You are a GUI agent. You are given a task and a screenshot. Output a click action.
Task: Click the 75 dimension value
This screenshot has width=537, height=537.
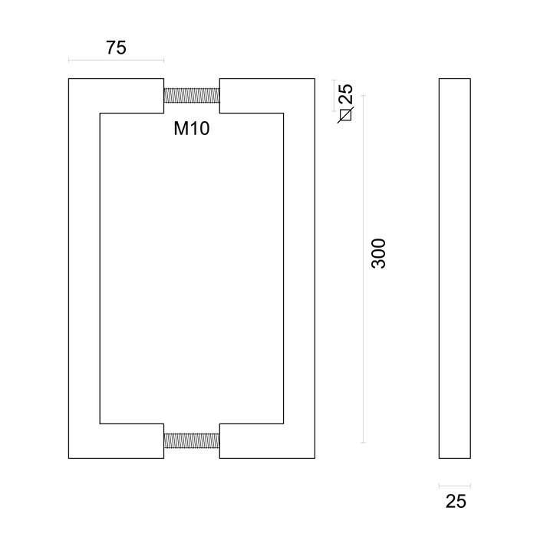click(116, 48)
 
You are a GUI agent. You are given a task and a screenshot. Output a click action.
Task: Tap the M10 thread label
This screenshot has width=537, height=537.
click(192, 128)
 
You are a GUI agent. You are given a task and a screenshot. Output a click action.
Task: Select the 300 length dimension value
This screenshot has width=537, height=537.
click(379, 253)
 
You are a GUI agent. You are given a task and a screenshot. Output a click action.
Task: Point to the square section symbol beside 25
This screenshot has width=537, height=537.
click(345, 116)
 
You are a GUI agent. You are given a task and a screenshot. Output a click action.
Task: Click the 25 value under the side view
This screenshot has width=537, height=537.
click(456, 502)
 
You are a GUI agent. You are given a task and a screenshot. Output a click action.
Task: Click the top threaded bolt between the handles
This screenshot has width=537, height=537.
click(192, 96)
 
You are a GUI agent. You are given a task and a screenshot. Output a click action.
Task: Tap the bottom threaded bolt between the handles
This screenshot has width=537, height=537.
click(192, 440)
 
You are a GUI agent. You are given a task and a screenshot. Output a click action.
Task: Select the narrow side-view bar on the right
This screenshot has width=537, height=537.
click(455, 268)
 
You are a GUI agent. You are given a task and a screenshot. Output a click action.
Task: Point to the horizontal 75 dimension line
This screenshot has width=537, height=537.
click(116, 61)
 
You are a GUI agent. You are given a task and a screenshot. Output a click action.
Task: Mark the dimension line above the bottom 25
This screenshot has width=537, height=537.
click(455, 485)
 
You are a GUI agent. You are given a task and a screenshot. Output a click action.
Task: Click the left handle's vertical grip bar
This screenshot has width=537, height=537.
click(84, 268)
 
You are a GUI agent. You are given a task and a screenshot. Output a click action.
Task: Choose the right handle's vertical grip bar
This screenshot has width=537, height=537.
click(299, 268)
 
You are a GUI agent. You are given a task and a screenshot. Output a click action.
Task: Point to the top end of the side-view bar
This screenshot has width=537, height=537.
click(455, 81)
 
